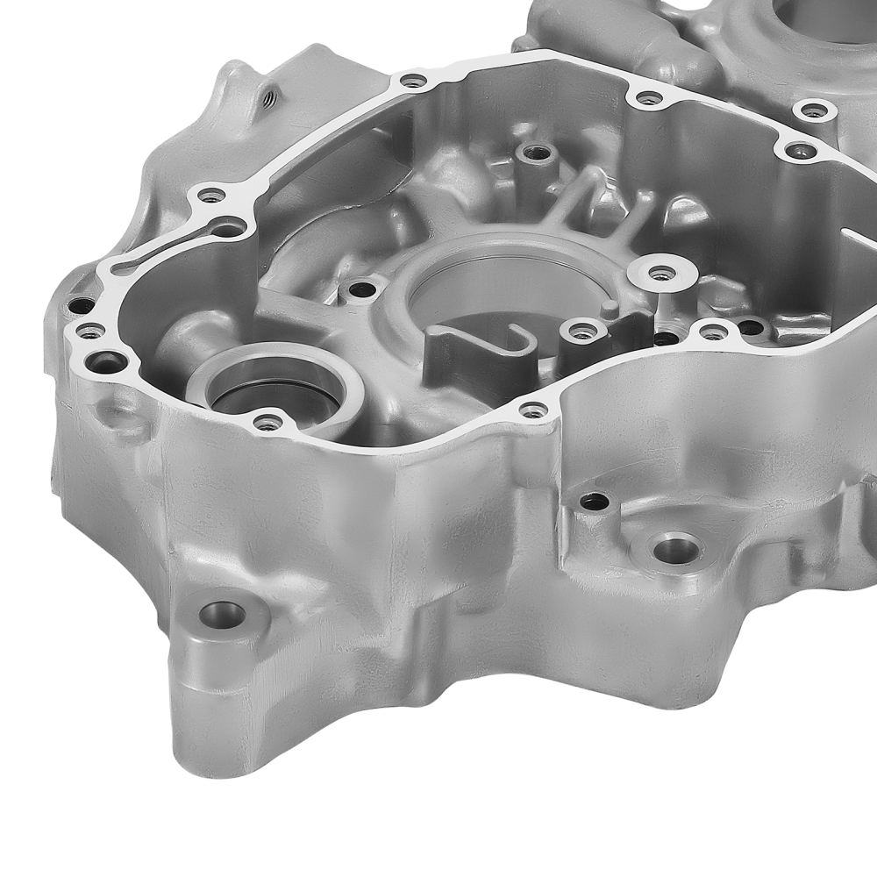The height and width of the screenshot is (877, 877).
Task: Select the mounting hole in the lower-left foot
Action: pyautogui.click(x=222, y=614)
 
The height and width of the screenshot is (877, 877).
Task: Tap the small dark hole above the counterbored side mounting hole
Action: pyautogui.click(x=595, y=502)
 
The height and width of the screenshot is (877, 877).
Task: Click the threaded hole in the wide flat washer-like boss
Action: pyautogui.click(x=663, y=274)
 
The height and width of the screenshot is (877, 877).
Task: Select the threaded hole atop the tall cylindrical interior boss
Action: pyautogui.click(x=537, y=154)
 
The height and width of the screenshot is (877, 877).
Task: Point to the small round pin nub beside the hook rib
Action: pyautogui.click(x=608, y=307)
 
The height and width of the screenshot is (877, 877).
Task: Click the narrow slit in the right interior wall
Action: pyautogui.click(x=855, y=235)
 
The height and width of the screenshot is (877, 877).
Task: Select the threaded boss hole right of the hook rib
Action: pyautogui.click(x=581, y=332)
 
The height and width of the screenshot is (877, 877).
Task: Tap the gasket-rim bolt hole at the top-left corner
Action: pyautogui.click(x=412, y=82)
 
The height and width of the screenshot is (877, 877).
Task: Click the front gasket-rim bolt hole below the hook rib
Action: pyautogui.click(x=532, y=410)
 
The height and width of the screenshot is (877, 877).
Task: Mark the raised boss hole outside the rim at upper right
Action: pyautogui.click(x=815, y=111)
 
